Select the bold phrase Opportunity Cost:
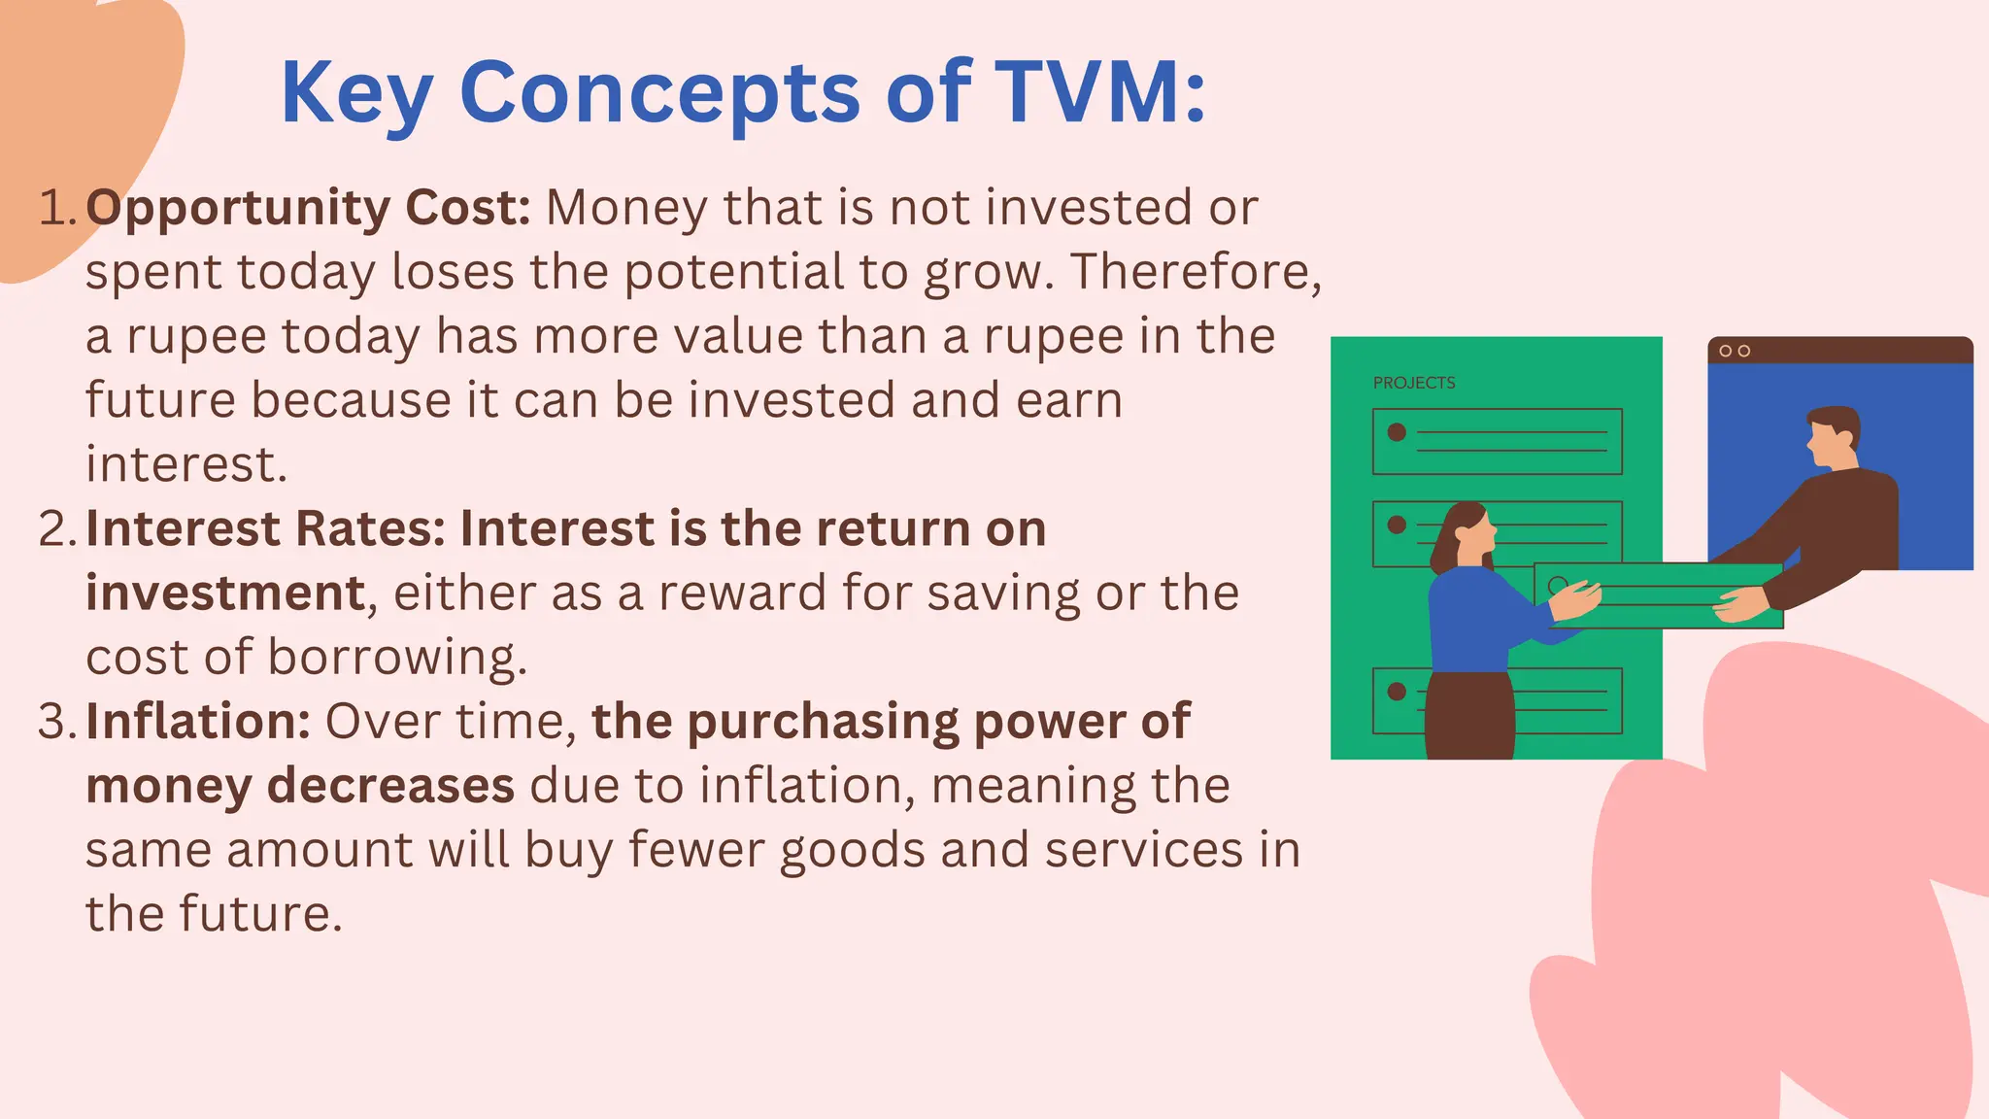click(308, 208)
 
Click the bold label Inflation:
click(198, 722)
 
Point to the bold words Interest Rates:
click(265, 529)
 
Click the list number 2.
click(56, 529)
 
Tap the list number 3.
click(56, 722)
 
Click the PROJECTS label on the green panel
click(1414, 383)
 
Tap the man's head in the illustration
click(1833, 437)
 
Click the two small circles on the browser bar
click(1735, 351)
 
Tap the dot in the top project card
click(1397, 432)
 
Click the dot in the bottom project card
click(1397, 692)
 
